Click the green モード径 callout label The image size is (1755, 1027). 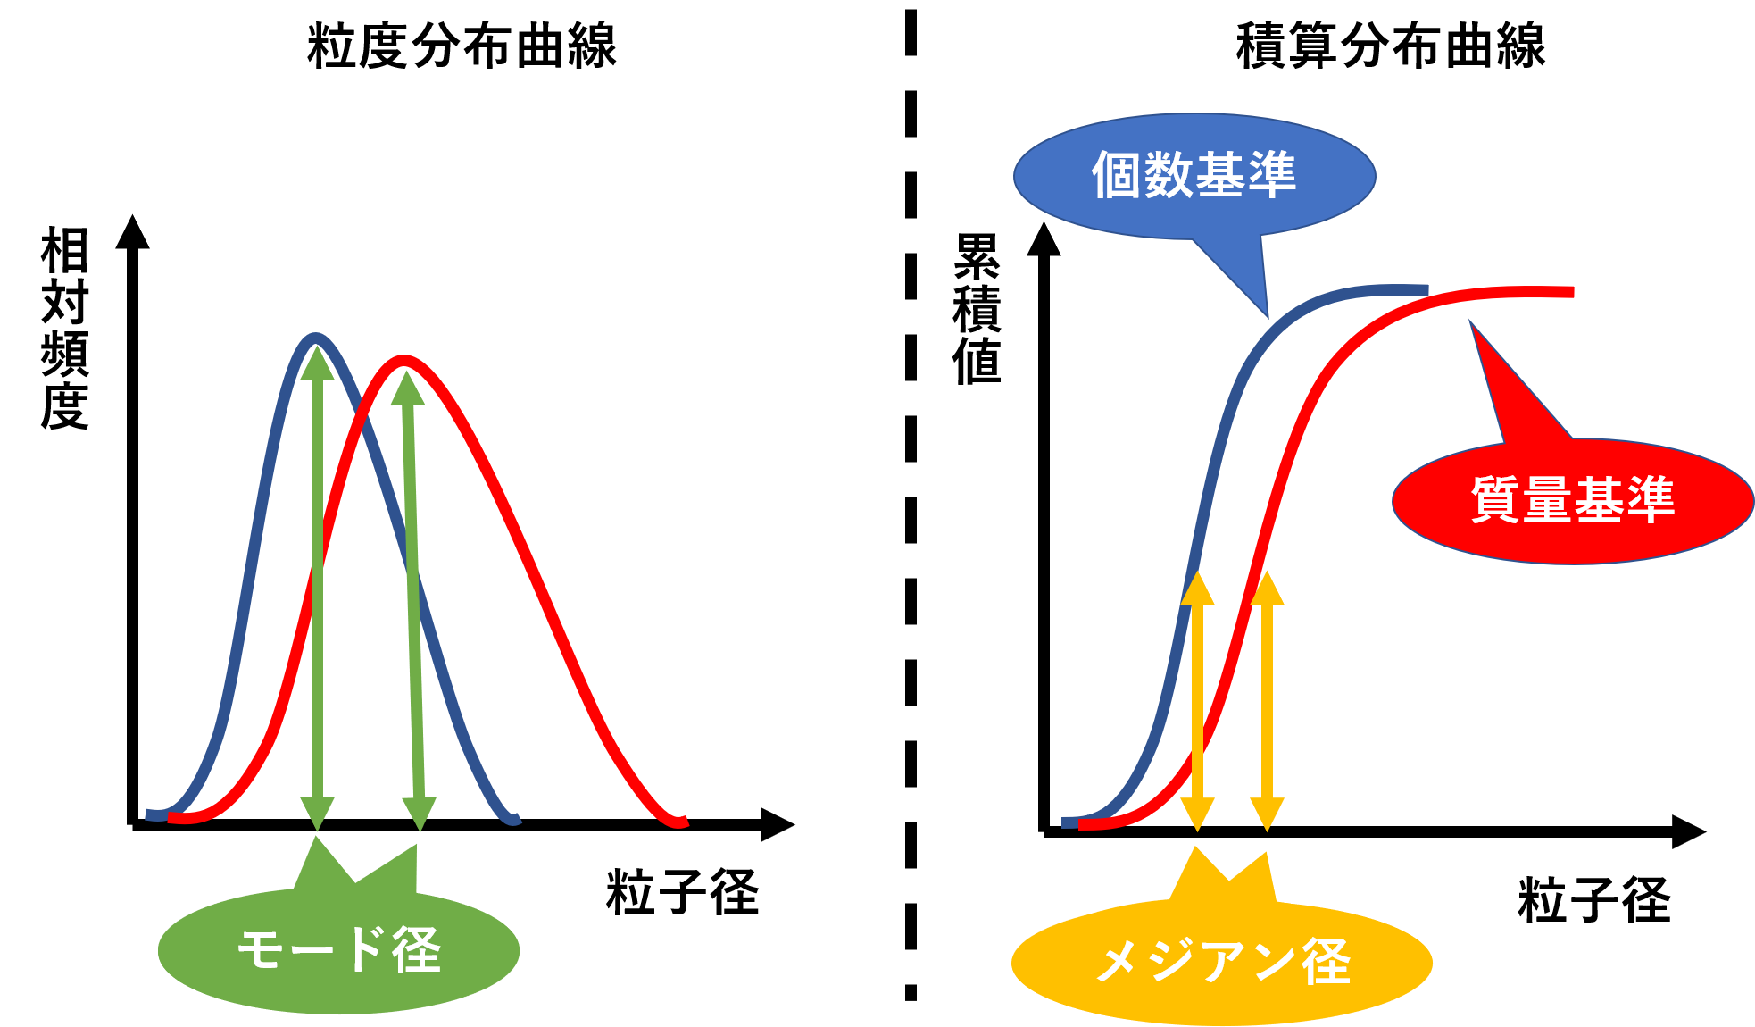pos(338,949)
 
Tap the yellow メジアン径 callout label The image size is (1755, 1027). pos(1222,962)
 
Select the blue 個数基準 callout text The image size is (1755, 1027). pos(1194,175)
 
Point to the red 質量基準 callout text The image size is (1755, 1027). pos(1573,499)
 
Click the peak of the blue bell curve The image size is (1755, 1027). pos(316,337)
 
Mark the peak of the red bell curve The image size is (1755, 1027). pos(405,360)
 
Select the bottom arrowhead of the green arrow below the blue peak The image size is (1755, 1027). pos(317,814)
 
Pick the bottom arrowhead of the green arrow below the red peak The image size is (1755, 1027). pos(419,814)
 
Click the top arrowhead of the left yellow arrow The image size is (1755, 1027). pos(1197,588)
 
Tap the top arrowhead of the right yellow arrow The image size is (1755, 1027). pos(1267,588)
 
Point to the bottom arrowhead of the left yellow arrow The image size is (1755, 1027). pos(1197,814)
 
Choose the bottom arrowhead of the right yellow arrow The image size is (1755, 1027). pos(1267,814)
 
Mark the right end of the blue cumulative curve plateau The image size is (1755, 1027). pos(1426,289)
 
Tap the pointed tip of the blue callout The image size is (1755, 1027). pos(1268,316)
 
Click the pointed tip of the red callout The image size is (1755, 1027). pos(1470,322)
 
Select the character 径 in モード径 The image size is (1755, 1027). pos(417,949)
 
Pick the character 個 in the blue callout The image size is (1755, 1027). pos(1116,175)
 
